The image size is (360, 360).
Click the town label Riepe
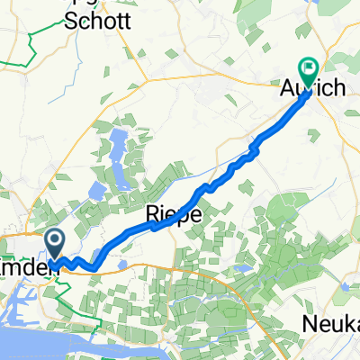click(x=167, y=215)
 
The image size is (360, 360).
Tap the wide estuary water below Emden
click(x=36, y=337)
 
